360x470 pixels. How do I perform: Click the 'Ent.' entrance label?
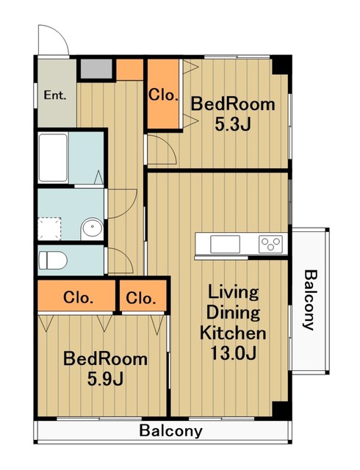(x=55, y=95)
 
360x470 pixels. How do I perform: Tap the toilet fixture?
(x=53, y=260)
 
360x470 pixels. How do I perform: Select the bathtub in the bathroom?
(x=53, y=158)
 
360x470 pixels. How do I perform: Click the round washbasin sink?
(x=92, y=228)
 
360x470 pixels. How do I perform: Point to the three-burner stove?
(x=270, y=244)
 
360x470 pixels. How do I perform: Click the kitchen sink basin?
(x=225, y=244)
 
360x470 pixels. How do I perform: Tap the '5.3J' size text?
(x=232, y=125)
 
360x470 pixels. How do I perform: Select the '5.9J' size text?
(x=105, y=379)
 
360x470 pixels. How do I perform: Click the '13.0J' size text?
(x=234, y=353)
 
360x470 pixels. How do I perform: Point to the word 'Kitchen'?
(x=233, y=333)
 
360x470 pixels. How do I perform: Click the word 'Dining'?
(x=233, y=312)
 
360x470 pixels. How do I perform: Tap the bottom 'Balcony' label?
(x=170, y=431)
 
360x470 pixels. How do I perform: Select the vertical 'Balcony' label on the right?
(x=311, y=300)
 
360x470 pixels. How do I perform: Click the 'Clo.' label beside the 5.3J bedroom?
(x=164, y=95)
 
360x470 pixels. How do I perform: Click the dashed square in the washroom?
(x=50, y=228)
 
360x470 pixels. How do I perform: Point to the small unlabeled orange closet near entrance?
(x=129, y=70)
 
